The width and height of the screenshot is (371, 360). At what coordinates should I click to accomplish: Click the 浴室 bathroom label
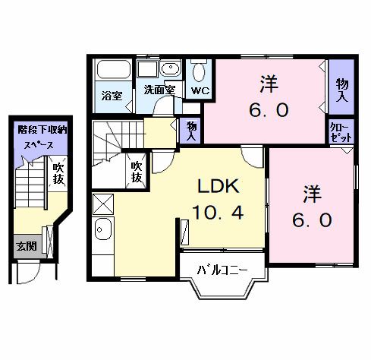[x=112, y=96]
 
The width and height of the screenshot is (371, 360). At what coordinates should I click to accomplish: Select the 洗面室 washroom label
[x=159, y=90]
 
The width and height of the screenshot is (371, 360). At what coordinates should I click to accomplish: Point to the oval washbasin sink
[x=169, y=69]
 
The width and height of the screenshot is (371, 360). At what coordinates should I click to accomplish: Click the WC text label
[x=200, y=90]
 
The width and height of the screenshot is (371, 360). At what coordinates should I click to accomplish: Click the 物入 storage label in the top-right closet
[x=342, y=91]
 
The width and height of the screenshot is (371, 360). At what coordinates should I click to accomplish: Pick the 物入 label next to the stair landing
[x=191, y=131]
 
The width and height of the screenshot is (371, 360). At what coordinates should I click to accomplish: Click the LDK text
[x=219, y=185]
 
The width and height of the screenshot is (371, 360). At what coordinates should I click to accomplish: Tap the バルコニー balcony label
[x=221, y=270]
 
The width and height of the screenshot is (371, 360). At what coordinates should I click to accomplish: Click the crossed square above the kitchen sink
[x=103, y=204]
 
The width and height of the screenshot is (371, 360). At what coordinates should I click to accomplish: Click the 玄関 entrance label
[x=25, y=246]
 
